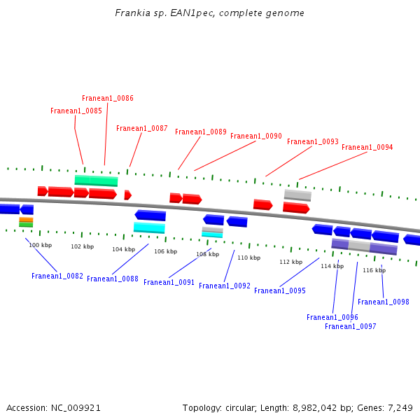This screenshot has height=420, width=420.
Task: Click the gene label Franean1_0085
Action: coord(76,111)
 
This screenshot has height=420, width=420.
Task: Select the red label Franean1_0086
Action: coord(108,99)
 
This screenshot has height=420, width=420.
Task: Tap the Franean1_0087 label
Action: coord(142,129)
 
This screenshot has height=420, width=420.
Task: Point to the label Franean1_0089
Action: coord(201,132)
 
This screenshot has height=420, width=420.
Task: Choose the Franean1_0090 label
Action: coord(256,136)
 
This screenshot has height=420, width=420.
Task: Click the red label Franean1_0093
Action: coord(313,142)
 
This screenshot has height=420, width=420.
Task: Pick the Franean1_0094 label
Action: coord(367,148)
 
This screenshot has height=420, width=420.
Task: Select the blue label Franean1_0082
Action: coord(57,276)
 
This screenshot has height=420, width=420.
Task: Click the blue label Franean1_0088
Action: coord(113,279)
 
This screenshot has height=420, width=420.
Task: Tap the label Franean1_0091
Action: coord(169,283)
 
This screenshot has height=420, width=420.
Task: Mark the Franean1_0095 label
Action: coord(280,291)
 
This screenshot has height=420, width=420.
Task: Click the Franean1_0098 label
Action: coord(384,302)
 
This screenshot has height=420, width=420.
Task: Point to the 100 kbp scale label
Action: coord(40,246)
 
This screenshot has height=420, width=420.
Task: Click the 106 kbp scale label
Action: coord(165,252)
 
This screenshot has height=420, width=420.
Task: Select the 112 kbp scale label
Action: coord(290,262)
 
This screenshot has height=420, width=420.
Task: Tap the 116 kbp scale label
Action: coord(374,271)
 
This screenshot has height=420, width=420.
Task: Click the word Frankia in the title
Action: coord(131,13)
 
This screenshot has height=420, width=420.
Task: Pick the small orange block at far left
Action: coord(26,220)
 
